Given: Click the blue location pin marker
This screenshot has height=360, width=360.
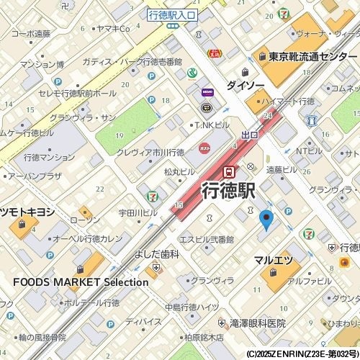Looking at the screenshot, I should [266, 220].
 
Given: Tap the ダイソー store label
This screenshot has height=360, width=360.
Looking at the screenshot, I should [245, 85].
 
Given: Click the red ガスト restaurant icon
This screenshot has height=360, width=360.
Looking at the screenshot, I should [204, 148].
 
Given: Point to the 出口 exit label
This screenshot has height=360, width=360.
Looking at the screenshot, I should [249, 135].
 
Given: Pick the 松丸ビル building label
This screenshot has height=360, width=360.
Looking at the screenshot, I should [179, 172].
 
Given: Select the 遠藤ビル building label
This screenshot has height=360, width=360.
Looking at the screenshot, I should [282, 170].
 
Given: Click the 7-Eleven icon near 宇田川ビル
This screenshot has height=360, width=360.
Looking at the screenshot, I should [152, 196].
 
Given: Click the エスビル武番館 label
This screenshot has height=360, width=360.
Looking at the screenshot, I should [207, 239].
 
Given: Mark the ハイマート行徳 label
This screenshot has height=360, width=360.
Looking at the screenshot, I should [289, 102].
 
